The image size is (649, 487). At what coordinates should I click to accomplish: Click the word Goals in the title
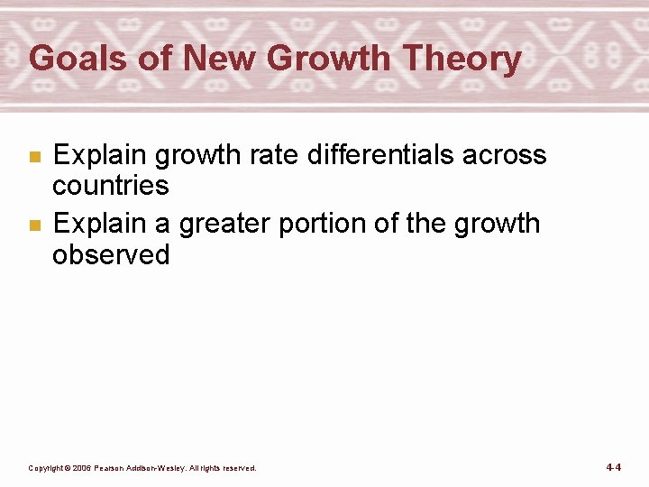click(78, 60)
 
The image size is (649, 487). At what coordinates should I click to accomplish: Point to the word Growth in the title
click(330, 60)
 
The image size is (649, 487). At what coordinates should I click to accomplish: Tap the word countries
click(111, 186)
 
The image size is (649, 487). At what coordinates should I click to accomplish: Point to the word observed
click(111, 254)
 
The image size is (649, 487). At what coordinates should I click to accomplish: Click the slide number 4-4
click(614, 467)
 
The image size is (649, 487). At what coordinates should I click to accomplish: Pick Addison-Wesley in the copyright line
click(168, 468)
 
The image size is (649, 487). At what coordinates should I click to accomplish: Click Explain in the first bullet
click(100, 155)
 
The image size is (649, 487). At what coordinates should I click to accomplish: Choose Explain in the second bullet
click(100, 224)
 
